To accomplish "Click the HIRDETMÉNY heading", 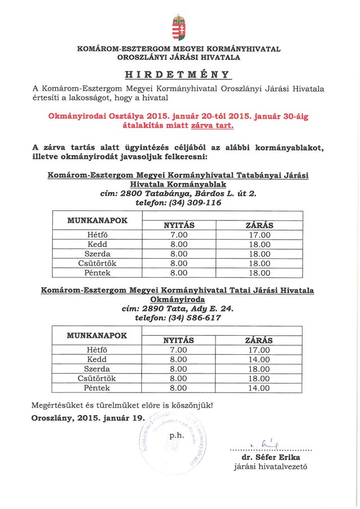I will [178, 74].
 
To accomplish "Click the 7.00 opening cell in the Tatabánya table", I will [178, 235].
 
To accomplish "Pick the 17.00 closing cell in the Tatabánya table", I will [259, 235].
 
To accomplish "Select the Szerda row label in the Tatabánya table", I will [97, 254].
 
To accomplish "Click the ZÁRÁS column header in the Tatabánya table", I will [259, 226].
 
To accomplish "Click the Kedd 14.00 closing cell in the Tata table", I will [259, 359].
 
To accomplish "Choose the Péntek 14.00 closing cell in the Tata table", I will [259, 388].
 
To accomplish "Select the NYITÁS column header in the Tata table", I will [178, 340].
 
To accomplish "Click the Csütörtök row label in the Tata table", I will [97, 379].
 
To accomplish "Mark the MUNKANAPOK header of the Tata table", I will [97, 335].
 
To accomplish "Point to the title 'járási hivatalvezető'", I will [271, 467].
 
